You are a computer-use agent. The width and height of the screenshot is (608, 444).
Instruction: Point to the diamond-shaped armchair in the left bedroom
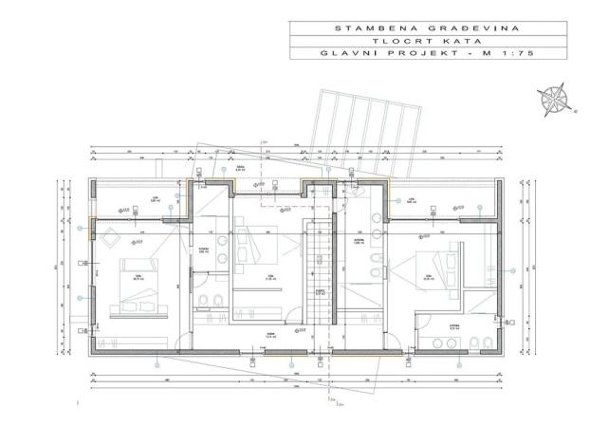pyautogui.click(x=109, y=236)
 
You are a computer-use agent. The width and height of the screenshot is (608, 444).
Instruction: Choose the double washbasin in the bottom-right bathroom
pyautogui.click(x=446, y=342)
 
